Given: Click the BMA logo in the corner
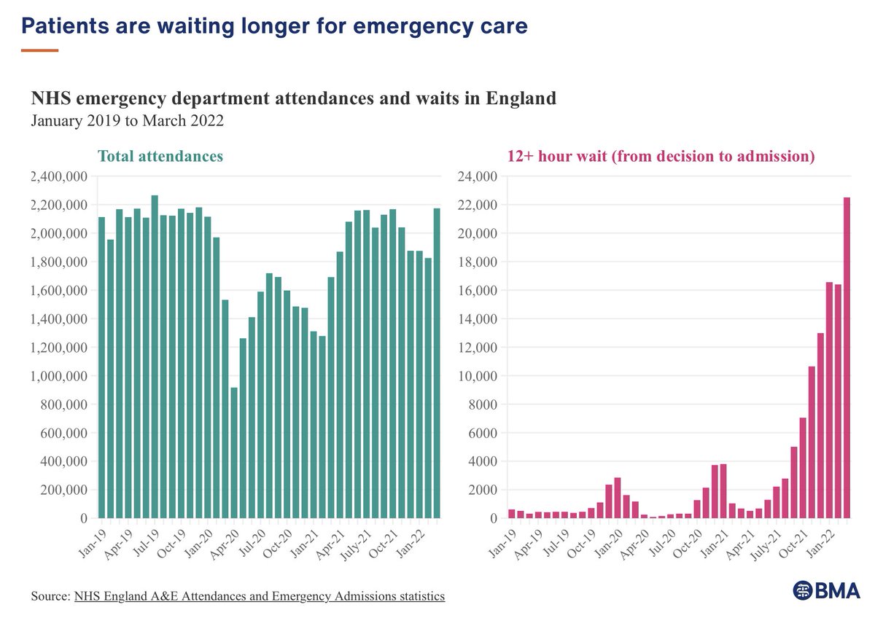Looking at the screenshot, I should pos(825,591).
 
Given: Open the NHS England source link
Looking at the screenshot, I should pos(259,596).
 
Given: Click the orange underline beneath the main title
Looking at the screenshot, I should pos(39,50).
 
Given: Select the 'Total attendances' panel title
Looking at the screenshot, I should pos(160,156).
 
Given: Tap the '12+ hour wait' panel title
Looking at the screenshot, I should pos(661,156).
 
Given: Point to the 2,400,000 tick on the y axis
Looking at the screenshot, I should pos(59,176).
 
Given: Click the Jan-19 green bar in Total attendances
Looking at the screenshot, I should pos(102,367).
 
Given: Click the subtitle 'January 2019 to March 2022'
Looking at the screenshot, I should pos(127,120).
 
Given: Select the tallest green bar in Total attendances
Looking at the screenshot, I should pos(155,356).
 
